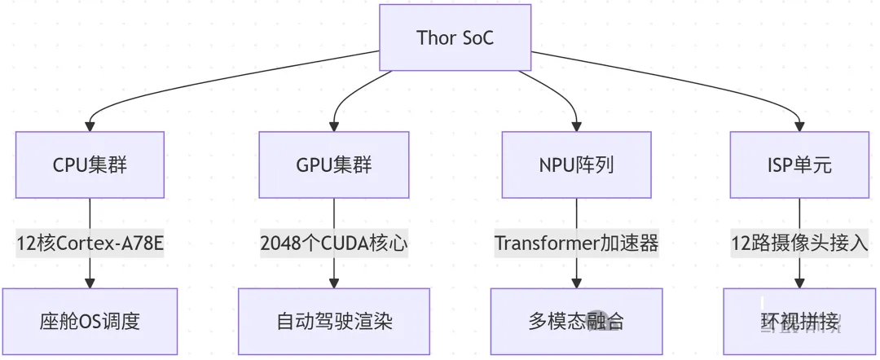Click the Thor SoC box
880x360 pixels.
[455, 37]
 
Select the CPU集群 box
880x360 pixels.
[90, 165]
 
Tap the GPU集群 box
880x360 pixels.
[333, 165]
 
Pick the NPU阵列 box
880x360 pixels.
[576, 165]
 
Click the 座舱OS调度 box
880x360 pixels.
[90, 321]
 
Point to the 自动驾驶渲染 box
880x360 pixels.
[334, 321]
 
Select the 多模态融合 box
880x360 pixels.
[576, 321]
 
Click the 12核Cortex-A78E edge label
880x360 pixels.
[90, 244]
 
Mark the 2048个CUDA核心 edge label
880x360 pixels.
[333, 244]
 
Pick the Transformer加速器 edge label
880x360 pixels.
[576, 244]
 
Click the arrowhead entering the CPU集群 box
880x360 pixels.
[90, 126]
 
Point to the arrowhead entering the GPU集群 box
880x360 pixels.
[333, 126]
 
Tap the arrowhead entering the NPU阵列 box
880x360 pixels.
[576, 126]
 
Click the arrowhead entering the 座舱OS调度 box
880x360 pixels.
[90, 283]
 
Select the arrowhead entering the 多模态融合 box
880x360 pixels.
[576, 283]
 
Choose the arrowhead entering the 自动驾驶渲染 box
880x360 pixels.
[333, 283]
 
